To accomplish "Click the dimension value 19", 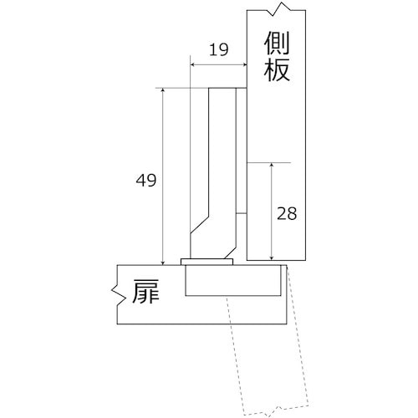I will pos(218,50).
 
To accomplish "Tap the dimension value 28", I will pos(286,212).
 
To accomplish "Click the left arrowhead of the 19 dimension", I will pos(193,64).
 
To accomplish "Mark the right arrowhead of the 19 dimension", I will pos(245,64).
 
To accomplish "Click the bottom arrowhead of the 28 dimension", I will pos(271,256).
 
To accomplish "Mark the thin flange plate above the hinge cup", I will pos(206,262).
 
